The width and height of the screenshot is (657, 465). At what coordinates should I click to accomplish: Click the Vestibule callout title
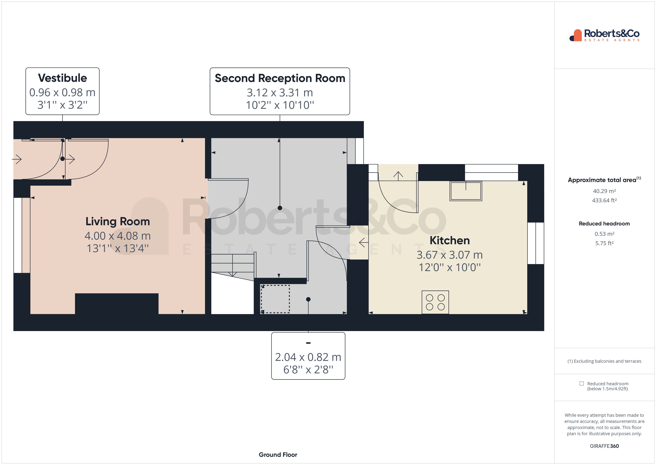(62, 78)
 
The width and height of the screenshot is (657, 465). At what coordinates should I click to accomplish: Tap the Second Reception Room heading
(280, 78)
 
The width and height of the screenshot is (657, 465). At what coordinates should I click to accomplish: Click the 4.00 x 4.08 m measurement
(118, 236)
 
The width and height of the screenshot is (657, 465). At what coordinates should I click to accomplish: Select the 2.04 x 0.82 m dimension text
(308, 357)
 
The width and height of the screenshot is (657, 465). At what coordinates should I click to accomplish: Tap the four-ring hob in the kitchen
(435, 302)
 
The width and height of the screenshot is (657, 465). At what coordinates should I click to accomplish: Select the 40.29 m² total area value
(604, 191)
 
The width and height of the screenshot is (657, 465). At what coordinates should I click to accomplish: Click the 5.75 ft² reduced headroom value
(604, 243)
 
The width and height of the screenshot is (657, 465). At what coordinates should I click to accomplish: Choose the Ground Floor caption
(278, 455)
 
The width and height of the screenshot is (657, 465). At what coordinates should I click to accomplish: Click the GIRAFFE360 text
(604, 446)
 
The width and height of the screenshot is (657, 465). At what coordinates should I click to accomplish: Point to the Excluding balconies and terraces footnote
(604, 361)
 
